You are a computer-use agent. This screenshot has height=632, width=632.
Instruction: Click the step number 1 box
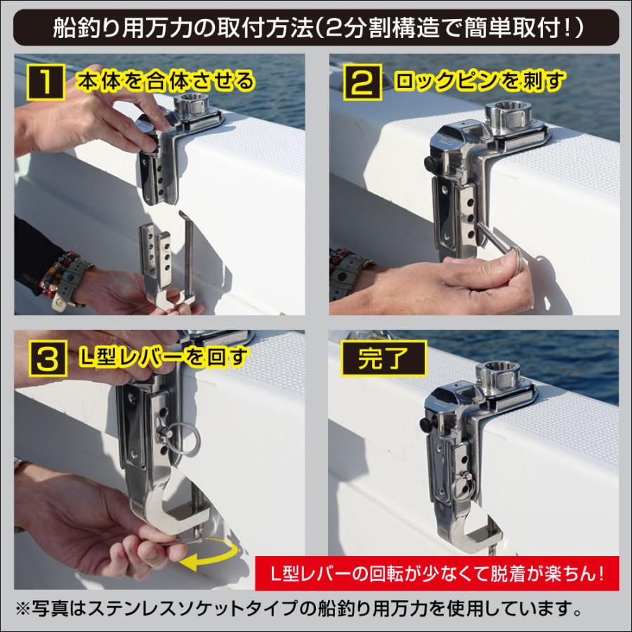43,81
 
